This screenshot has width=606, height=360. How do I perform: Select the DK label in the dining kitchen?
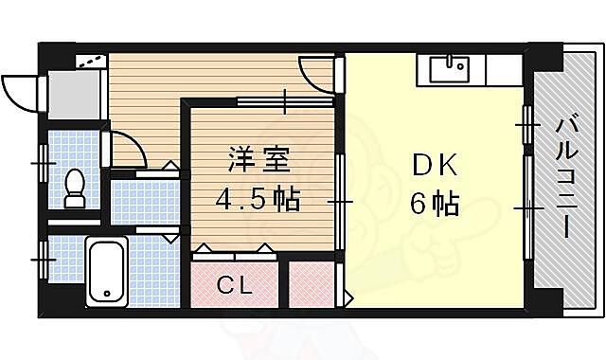point(435,166)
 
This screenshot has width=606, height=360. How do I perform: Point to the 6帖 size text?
point(436,203)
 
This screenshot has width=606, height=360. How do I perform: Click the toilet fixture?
point(76,187)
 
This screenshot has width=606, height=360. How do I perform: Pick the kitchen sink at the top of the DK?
point(451,69)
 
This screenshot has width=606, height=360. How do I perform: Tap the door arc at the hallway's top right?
point(316,73)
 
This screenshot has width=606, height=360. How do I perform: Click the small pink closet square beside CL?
point(311,283)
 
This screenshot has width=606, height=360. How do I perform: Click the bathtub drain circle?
point(106,293)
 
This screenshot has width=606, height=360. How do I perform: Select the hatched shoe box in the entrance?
point(89,60)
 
